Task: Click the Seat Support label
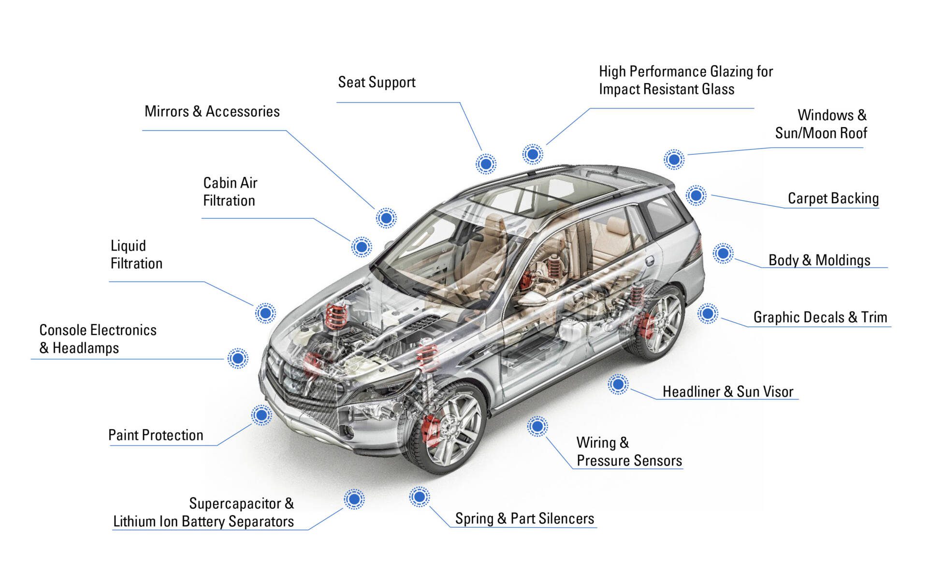pyautogui.click(x=377, y=82)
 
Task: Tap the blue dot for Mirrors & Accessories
pyautogui.click(x=386, y=218)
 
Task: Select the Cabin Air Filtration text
pyautogui.click(x=230, y=192)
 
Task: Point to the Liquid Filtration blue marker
pyautogui.click(x=265, y=313)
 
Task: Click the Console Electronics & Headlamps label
pyautogui.click(x=98, y=339)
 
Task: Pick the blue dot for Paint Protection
pyautogui.click(x=261, y=415)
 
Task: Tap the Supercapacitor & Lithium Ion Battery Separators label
pyautogui.click(x=203, y=512)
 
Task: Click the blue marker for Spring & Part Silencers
pyautogui.click(x=419, y=497)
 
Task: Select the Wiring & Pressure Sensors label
pyautogui.click(x=629, y=451)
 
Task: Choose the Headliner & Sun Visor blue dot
pyautogui.click(x=618, y=385)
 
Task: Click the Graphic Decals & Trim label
pyautogui.click(x=820, y=317)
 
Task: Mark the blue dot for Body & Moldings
pyautogui.click(x=723, y=253)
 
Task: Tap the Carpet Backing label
pyautogui.click(x=833, y=198)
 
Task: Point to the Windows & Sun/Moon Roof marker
pyautogui.click(x=674, y=159)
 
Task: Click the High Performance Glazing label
pyautogui.click(x=685, y=80)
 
